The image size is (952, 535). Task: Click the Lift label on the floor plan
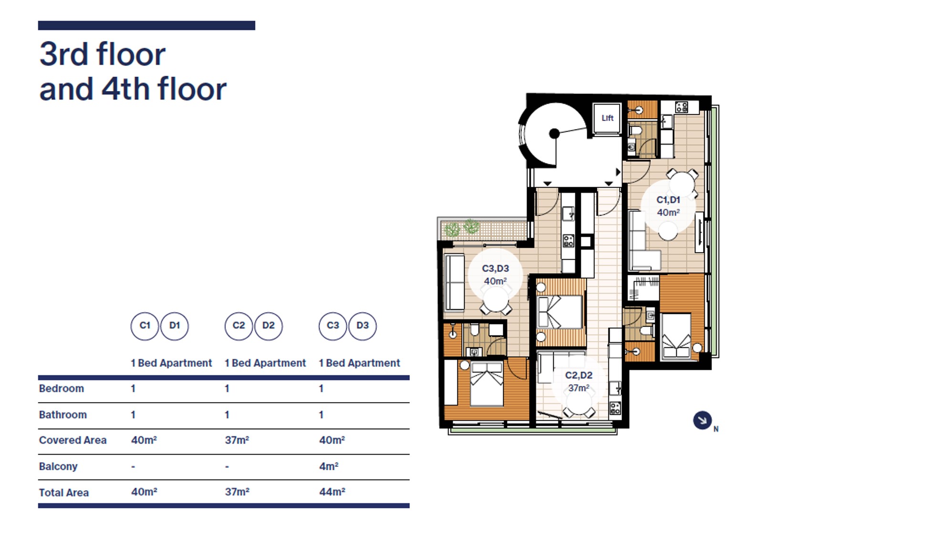point(607,118)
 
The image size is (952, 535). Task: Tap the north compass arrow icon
point(702,420)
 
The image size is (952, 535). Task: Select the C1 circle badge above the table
point(145,326)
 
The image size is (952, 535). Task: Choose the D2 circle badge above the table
point(269,326)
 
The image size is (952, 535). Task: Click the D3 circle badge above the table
point(362,326)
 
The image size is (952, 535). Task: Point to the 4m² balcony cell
point(329,466)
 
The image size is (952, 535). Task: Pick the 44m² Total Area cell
point(332,492)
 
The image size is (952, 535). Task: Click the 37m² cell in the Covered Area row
point(237,440)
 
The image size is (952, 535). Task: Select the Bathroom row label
point(63,414)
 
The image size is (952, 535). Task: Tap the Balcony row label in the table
point(58,466)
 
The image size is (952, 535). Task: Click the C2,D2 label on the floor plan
point(579,375)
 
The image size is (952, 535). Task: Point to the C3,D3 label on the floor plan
point(496,269)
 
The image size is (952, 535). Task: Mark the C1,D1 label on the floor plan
point(668,200)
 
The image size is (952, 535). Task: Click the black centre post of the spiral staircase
point(554,133)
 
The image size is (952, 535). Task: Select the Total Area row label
point(64,493)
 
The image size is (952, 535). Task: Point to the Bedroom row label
point(62,388)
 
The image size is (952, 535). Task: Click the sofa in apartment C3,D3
point(455,283)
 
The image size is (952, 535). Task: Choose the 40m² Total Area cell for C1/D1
point(144,492)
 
